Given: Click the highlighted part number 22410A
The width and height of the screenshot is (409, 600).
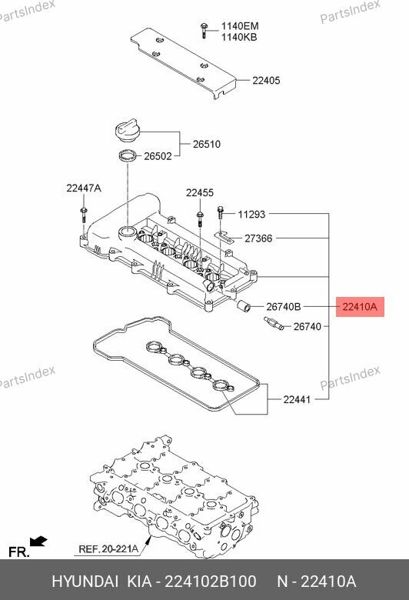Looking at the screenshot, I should (x=360, y=307).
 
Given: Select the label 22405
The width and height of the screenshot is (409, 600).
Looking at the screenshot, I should (x=267, y=79).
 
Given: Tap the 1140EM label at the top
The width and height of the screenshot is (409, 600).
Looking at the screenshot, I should (x=240, y=25).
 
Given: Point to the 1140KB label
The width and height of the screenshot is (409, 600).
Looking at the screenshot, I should (x=240, y=37).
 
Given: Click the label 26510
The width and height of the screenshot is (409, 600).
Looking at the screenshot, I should (x=206, y=143).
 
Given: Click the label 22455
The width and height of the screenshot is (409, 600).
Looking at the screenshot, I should (x=199, y=192).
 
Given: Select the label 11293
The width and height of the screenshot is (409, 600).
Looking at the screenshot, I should (x=251, y=215).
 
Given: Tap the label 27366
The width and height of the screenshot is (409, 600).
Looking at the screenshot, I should (x=258, y=238).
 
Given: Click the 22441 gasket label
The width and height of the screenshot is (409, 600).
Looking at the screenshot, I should (x=298, y=399).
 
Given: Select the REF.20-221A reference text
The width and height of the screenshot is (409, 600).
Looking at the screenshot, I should (x=108, y=550).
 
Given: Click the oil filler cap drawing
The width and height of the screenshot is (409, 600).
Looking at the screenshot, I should (x=125, y=132).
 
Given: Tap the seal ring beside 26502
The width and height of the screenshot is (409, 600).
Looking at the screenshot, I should (x=130, y=158).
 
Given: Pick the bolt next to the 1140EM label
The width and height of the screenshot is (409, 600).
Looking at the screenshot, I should (x=204, y=29).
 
